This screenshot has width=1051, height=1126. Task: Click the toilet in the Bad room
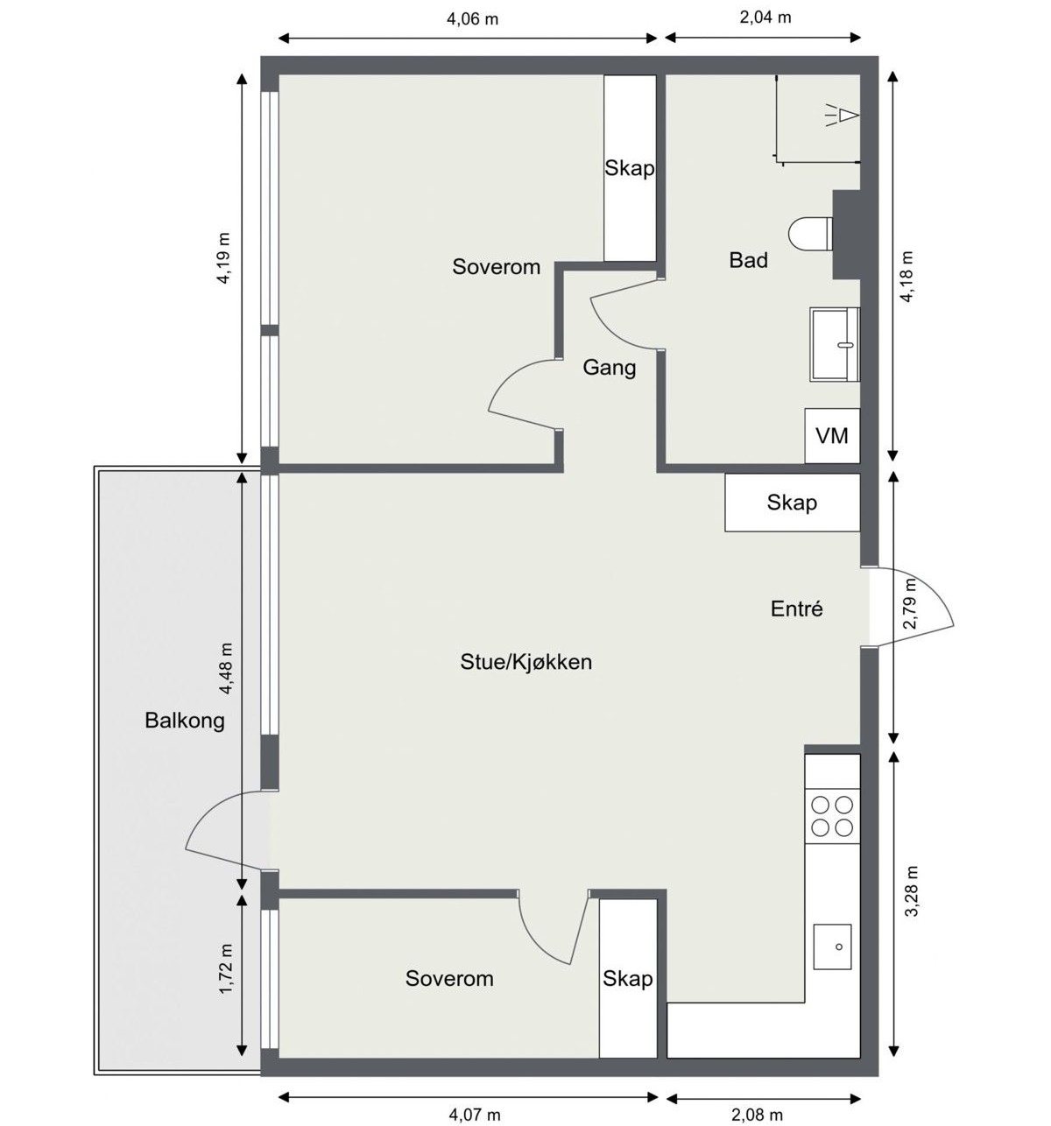[x=810, y=233]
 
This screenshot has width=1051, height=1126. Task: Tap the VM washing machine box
[x=831, y=435]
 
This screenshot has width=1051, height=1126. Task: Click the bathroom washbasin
[x=835, y=344]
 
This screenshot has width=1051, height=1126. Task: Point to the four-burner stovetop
[x=832, y=816]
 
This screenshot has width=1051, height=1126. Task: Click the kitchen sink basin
[x=833, y=947]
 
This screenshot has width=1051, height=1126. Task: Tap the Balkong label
[x=184, y=721]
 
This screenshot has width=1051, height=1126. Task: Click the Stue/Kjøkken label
[x=525, y=662]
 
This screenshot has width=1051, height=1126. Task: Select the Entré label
[x=796, y=609]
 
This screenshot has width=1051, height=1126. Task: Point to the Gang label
[x=610, y=368]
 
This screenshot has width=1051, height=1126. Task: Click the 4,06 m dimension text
[x=472, y=19]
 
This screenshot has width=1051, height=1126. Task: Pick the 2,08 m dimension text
[x=757, y=1115]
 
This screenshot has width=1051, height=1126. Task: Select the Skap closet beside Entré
[x=792, y=503]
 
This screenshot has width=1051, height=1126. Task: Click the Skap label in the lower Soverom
[x=627, y=978]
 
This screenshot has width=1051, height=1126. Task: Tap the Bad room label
[x=748, y=260]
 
